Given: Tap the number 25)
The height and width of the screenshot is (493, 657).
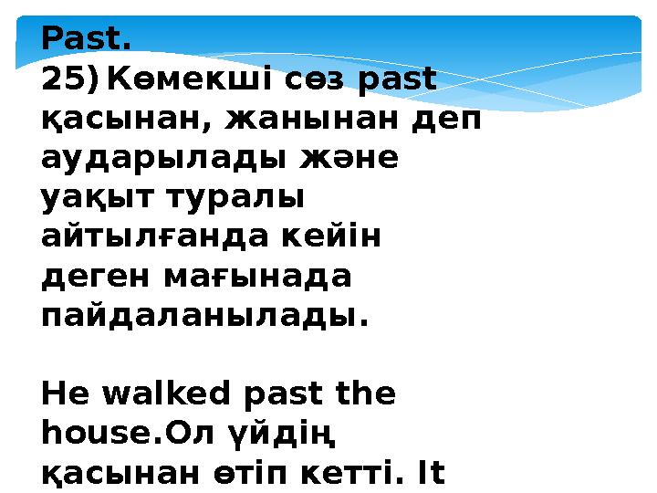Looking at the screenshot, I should pyautogui.click(x=71, y=82).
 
